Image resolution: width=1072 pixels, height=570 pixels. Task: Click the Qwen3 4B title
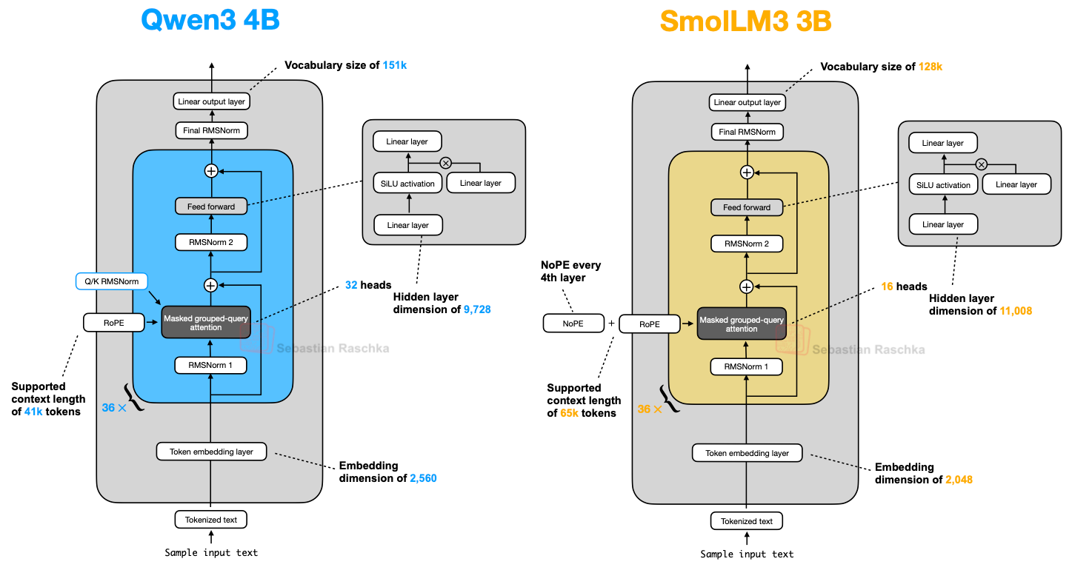tap(210, 20)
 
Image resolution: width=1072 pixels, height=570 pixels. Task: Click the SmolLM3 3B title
tap(745, 21)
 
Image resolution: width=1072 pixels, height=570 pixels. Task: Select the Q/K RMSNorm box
tap(112, 281)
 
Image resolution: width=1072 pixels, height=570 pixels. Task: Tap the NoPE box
tap(573, 323)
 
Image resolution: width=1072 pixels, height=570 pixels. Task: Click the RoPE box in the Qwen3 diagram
tap(113, 323)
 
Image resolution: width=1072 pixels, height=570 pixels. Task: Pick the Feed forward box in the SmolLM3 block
tap(746, 208)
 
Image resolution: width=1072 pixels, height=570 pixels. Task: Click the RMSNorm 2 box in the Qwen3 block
tap(210, 242)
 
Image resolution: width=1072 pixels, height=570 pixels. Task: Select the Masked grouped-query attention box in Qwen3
tap(206, 323)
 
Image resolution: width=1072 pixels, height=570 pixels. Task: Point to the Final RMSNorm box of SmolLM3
tap(746, 132)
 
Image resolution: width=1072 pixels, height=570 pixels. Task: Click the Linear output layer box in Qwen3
tap(211, 101)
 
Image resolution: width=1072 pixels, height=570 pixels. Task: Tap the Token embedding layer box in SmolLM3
tap(747, 453)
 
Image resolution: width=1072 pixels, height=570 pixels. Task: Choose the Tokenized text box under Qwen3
tap(210, 520)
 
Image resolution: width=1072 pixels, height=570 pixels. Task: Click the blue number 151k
tap(394, 66)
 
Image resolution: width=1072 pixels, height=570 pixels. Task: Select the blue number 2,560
tap(423, 478)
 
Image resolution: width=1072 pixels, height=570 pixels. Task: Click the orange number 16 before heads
tap(888, 286)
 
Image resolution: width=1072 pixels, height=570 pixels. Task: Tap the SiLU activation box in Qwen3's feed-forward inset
tap(407, 183)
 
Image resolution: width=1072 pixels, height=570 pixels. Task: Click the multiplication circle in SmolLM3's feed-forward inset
tap(981, 164)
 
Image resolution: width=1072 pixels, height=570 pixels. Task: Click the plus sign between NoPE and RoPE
tap(611, 323)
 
